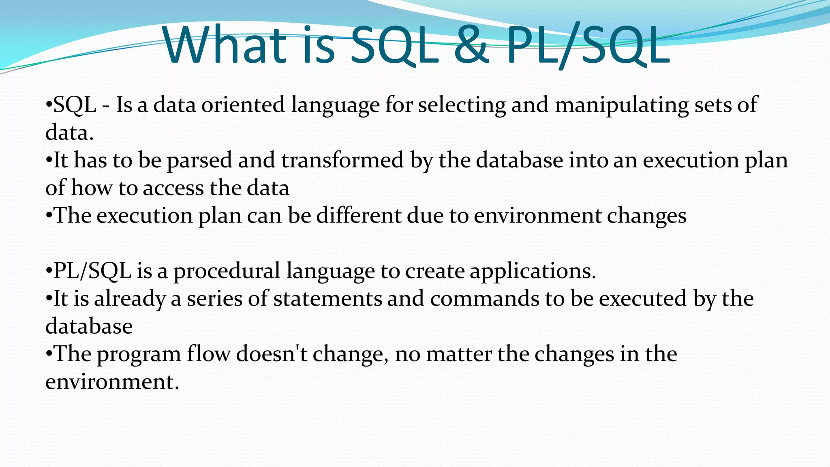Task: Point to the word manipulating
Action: [x=622, y=105]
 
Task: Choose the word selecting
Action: [x=462, y=105]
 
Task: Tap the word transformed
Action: [x=342, y=160]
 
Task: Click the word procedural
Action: [x=227, y=271]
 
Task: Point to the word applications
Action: [x=533, y=271]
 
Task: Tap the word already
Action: [x=130, y=299]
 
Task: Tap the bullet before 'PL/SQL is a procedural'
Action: [x=49, y=271]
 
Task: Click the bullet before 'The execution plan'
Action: [x=49, y=215]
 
